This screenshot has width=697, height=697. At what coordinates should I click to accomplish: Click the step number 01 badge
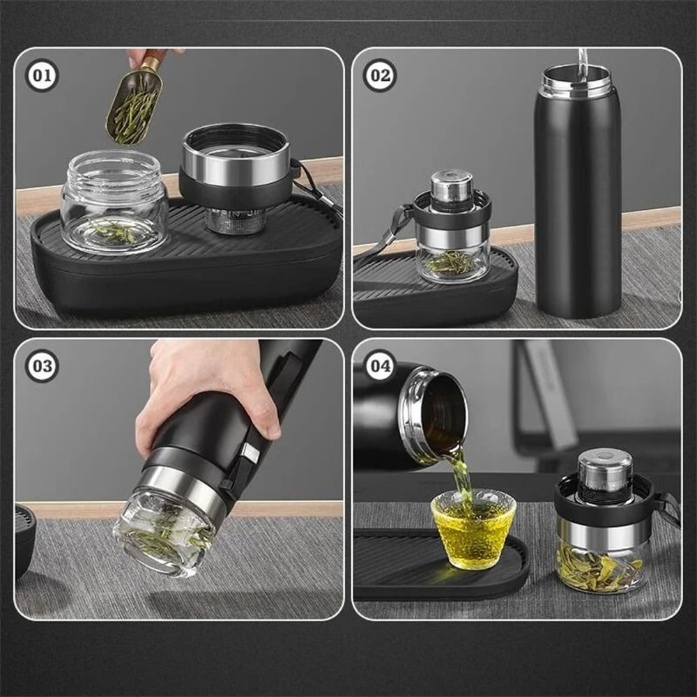coord(42,76)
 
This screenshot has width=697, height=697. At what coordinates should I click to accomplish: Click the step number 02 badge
coord(379,76)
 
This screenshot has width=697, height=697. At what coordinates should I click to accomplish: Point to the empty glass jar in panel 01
coord(114,202)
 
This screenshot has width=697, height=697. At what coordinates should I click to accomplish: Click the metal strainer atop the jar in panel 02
coord(452,185)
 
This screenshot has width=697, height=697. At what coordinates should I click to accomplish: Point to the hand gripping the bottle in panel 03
coord(202,390)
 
